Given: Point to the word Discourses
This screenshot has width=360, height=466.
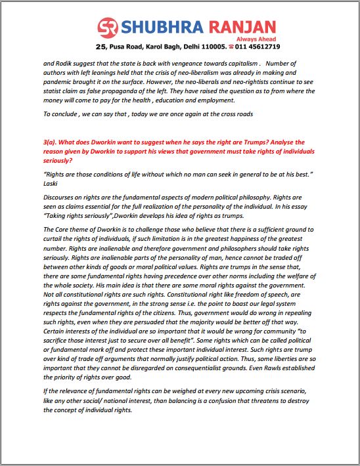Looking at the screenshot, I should tap(62, 196).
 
